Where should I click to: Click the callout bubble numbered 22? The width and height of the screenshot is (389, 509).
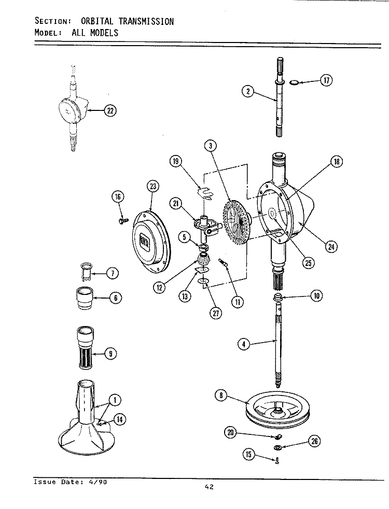[110, 110]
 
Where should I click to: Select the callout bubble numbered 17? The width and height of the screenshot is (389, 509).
[326, 80]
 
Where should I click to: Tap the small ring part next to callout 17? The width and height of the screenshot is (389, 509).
[294, 82]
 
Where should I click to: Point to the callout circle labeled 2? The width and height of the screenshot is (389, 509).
[248, 92]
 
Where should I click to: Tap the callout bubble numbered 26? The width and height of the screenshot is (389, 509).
[314, 441]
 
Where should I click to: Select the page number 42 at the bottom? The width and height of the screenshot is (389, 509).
[209, 486]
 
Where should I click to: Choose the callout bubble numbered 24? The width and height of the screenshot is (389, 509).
[330, 246]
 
